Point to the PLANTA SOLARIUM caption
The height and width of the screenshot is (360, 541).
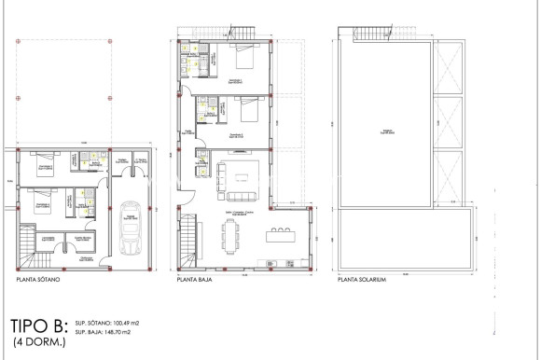[x=364, y=278]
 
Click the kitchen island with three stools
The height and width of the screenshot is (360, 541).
[x=283, y=235]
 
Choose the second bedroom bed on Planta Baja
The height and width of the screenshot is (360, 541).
[x=247, y=111]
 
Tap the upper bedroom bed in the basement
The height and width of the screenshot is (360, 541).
[x=43, y=168]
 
